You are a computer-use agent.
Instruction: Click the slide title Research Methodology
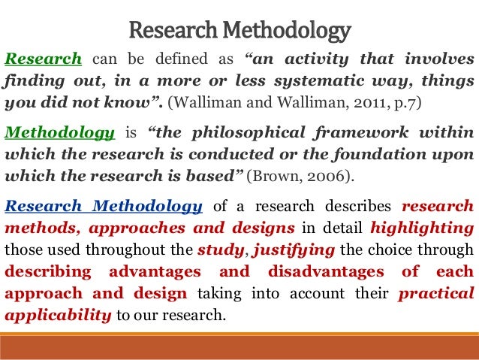pyautogui.click(x=239, y=31)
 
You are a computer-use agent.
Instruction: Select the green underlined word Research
pyautogui.click(x=43, y=60)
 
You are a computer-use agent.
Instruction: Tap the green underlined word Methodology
pyautogui.click(x=60, y=134)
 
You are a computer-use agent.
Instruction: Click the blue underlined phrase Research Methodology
pyautogui.click(x=103, y=207)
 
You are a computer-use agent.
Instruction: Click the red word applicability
pyautogui.click(x=58, y=313)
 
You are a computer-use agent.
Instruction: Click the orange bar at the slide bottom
pyautogui.click(x=239, y=346)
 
